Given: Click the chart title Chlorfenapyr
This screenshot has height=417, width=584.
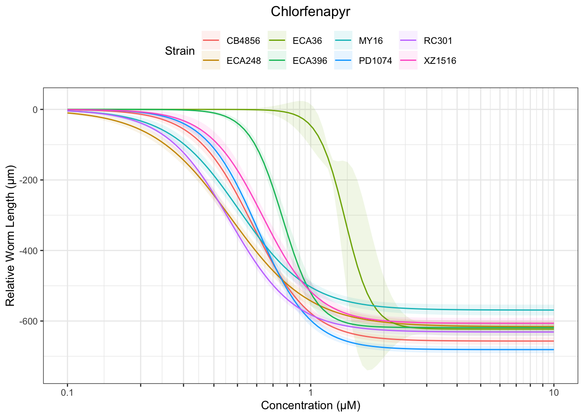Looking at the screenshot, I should coord(310,12).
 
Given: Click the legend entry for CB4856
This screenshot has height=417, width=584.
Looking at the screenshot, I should coord(243,41).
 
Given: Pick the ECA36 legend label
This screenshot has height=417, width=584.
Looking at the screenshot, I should coord(307,41).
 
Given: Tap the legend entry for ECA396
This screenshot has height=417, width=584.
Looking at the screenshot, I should coord(310,61).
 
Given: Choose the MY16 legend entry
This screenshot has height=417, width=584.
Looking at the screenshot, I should coord(371,41).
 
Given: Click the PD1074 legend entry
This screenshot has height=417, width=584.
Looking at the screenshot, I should coord(375,61).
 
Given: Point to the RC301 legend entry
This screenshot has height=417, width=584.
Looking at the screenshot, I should coord(438,41).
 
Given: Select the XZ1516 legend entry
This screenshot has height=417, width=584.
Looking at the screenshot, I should coord(440,61).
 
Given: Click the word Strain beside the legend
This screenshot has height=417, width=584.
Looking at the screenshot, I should coord(180,51).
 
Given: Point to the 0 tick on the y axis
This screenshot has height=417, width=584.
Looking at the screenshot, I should coord(35,110).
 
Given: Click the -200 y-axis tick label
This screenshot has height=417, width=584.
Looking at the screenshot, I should coord(29,180).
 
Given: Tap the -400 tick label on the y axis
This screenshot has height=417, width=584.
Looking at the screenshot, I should coord(29,251).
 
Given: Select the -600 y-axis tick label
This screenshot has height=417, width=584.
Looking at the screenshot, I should coord(29,321).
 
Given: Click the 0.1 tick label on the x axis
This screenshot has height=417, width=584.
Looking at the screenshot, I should coord(67,393).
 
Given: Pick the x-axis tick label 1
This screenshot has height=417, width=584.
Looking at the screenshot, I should coord(311,393).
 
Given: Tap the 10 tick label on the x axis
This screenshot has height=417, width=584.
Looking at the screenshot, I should coord(554,393).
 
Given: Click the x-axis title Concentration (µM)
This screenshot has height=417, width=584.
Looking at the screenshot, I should coord(311,406).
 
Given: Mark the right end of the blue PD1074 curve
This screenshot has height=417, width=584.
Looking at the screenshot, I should coord(553,349).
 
